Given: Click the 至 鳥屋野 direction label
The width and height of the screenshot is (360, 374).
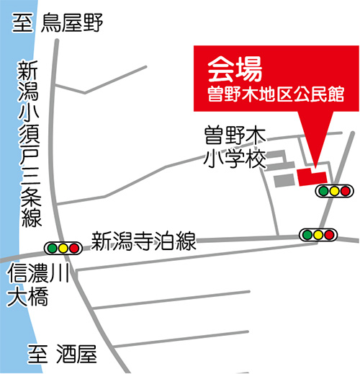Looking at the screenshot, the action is (x=58, y=23).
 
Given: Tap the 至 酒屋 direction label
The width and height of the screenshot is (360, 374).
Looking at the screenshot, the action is (x=63, y=354).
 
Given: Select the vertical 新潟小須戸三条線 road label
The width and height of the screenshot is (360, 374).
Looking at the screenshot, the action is (x=30, y=143).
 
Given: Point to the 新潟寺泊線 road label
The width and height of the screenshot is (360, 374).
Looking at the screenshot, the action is (x=143, y=241).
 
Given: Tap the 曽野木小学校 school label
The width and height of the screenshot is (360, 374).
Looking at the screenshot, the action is (x=235, y=147).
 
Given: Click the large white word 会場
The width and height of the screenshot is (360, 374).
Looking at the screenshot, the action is (x=235, y=69).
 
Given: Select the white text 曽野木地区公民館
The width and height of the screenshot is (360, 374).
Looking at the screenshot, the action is (x=276, y=94).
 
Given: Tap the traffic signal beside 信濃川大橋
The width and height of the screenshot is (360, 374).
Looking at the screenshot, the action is (x=63, y=248).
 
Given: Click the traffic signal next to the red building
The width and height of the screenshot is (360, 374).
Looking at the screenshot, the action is (x=334, y=191).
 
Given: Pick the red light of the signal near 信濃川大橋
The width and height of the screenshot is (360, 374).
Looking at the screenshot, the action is (x=74, y=248).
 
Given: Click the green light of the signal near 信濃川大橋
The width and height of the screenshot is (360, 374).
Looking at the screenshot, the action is (x=52, y=248).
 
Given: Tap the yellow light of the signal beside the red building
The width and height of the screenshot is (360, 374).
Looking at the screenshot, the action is (x=334, y=191).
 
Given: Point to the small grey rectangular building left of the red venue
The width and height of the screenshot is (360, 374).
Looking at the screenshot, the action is (x=284, y=180).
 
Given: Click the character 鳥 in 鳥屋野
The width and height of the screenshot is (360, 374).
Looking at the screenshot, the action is (x=50, y=23).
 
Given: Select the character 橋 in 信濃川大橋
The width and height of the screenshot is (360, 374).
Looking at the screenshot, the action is (x=38, y=297).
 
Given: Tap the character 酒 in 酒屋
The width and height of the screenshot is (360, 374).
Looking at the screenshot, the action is (x=66, y=354).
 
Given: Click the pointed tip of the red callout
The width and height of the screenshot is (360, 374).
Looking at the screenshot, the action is (x=315, y=168).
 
